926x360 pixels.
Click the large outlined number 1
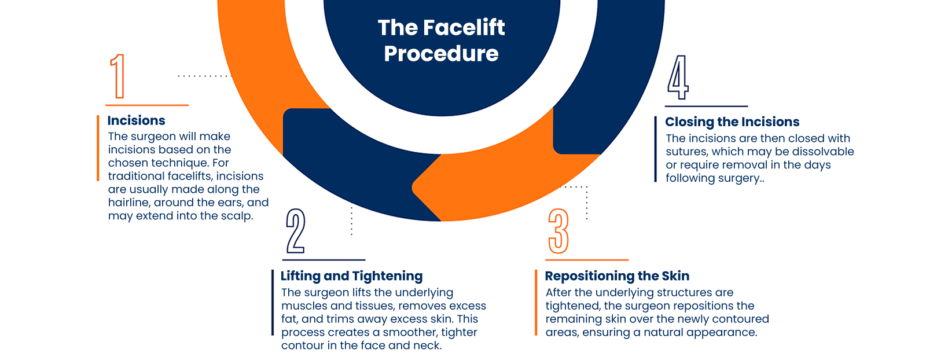(118, 76)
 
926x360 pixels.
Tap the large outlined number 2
(296, 230)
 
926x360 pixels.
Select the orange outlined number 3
(558, 231)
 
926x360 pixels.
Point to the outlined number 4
(678, 78)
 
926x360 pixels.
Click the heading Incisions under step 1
(137, 120)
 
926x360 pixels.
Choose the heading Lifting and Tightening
(352, 276)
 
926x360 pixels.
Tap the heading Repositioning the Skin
(617, 275)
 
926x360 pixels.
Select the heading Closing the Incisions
(732, 122)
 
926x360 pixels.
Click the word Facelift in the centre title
(464, 27)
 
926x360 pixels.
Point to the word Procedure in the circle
(441, 54)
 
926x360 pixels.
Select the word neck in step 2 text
(428, 346)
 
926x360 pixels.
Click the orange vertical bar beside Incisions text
(98, 148)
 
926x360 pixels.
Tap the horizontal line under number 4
(707, 106)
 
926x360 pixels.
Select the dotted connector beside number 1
(205, 76)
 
